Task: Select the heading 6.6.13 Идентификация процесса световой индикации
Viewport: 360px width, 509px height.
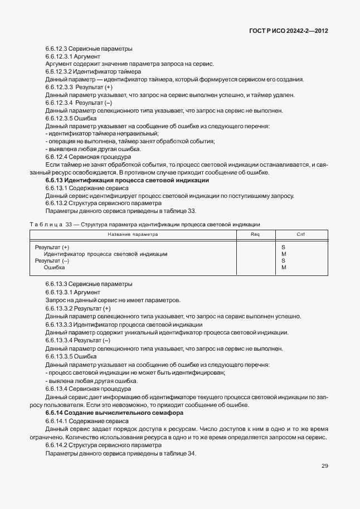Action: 127,181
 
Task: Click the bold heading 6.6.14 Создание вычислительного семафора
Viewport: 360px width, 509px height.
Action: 116,413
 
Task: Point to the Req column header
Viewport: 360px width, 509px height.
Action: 255,234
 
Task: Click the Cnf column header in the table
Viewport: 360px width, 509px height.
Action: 300,234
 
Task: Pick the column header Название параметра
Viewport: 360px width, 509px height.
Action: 133,234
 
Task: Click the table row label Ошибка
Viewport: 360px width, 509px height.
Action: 55,268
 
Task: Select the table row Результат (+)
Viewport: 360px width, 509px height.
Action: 52,247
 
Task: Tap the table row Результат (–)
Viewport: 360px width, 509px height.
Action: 52,261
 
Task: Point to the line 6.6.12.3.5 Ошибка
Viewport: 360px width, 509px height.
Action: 71,118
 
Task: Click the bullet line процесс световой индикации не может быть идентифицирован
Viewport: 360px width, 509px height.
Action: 137,372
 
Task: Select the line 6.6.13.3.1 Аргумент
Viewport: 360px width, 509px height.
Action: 73,292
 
